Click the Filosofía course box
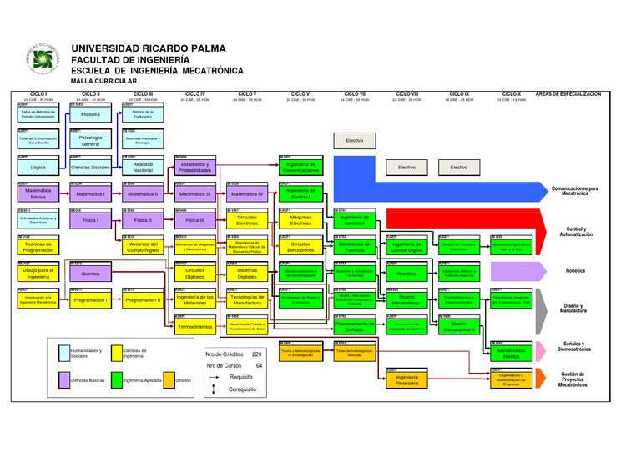point(90,114)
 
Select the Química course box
point(90,274)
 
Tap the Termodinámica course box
point(195,327)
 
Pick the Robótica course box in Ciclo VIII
point(406,274)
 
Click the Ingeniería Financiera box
point(406,380)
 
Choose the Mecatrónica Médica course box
point(511,354)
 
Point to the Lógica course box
point(38,168)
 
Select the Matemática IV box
point(247,193)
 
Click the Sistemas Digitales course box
point(247,274)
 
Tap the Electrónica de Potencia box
point(355,247)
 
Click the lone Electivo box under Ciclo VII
point(355,141)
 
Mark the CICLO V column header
point(247,93)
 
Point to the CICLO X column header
point(508,93)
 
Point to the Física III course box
point(195,220)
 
